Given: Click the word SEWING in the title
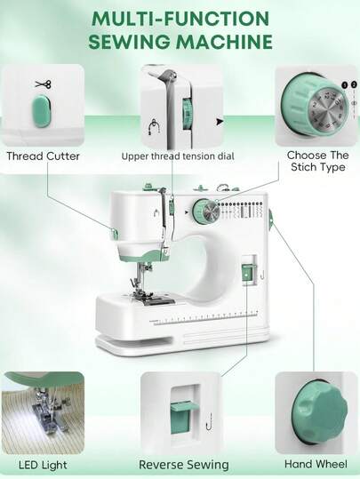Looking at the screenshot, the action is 131,41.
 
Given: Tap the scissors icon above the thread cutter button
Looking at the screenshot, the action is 43,84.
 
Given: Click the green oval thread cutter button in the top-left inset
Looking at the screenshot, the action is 41,111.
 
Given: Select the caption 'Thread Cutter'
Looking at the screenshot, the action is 43,156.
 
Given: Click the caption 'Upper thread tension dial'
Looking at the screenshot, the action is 178,156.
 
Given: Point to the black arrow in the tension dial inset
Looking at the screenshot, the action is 220,122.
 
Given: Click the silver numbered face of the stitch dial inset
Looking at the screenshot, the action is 327,109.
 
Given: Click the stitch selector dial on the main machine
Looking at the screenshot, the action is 206,212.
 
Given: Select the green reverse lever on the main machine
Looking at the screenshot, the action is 246,274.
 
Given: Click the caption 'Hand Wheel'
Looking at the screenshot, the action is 316,464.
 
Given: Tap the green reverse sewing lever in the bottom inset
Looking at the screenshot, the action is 180,418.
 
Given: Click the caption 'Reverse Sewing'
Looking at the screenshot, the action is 184,465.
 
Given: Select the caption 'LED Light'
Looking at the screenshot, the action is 43,465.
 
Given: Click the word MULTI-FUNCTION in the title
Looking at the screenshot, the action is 180,19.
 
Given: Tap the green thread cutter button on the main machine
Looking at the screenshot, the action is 115,234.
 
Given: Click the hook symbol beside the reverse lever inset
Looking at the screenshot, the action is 209,422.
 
